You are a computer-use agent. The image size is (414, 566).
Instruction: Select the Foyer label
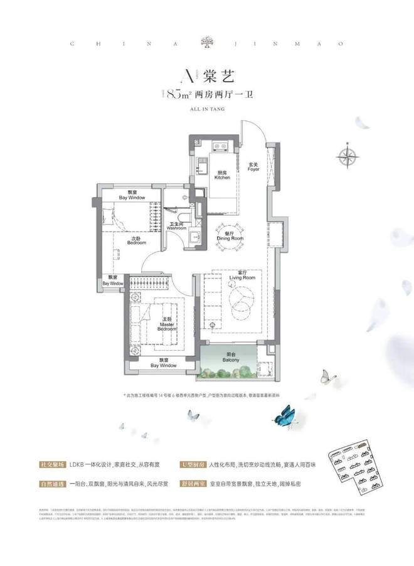point(253,167)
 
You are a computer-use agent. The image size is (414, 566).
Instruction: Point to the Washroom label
point(176,226)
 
